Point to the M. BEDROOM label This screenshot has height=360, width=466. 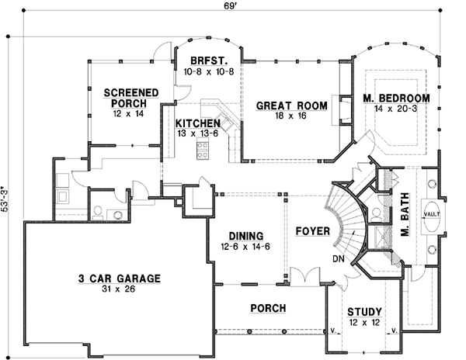pyautogui.click(x=396, y=98)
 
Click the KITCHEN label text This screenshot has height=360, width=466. pyautogui.click(x=196, y=123)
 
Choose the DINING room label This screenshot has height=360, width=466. pyautogui.click(x=245, y=236)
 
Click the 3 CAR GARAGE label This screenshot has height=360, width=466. pyautogui.click(x=119, y=278)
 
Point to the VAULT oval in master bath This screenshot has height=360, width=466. pyautogui.click(x=433, y=213)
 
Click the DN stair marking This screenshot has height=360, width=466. pyautogui.click(x=339, y=258)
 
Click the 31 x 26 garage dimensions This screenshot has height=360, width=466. pyautogui.click(x=119, y=289)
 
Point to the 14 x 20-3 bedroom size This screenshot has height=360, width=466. pyautogui.click(x=396, y=109)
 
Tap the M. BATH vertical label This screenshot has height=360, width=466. pyautogui.click(x=405, y=220)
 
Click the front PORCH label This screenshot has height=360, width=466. pyautogui.click(x=268, y=308)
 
